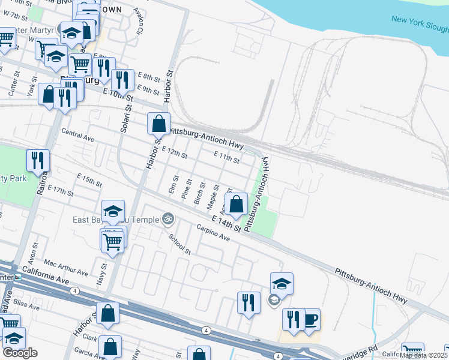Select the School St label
click(x=179, y=243)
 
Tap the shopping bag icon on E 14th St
click(x=237, y=204)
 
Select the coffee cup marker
click(x=310, y=319)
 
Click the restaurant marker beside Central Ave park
click(x=38, y=160)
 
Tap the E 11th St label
click(x=227, y=158)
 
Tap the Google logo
click(x=19, y=353)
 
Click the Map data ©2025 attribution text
click(x=424, y=355)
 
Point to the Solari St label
click(x=128, y=99)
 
